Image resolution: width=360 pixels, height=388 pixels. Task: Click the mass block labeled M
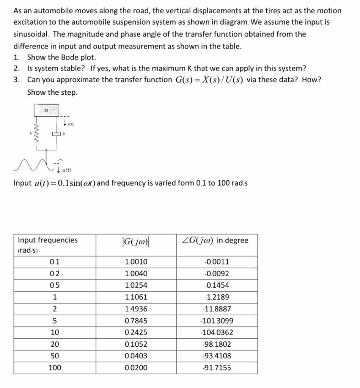click(46, 110)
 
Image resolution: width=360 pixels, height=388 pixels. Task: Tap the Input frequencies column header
click(48, 240)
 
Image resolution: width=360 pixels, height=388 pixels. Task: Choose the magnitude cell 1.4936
click(136, 309)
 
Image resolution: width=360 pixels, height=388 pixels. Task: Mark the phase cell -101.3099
click(217, 321)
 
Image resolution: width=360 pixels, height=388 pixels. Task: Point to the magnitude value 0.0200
click(136, 368)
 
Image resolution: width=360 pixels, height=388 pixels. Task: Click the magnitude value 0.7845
click(136, 321)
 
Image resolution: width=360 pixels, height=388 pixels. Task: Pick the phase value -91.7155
click(217, 368)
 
